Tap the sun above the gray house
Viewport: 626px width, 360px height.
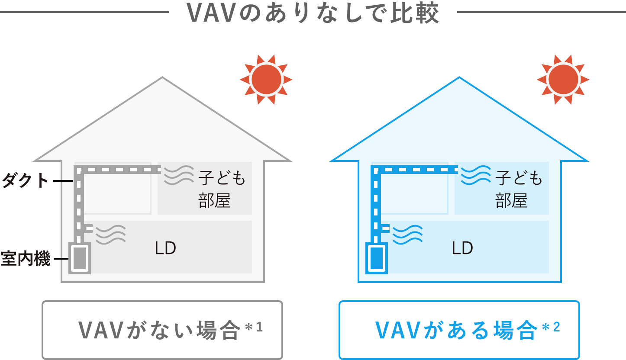(266, 80)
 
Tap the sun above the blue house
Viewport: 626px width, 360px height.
(563, 80)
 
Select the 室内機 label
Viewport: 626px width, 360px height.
(25, 259)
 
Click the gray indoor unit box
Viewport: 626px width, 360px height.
(80, 259)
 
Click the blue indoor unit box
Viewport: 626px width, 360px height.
(376, 259)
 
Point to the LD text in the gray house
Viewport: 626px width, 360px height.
(165, 248)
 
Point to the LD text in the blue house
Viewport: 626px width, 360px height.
(462, 248)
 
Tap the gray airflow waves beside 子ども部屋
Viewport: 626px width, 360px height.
(178, 175)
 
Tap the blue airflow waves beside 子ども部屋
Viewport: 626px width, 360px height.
(475, 175)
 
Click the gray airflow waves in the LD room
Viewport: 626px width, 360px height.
(110, 234)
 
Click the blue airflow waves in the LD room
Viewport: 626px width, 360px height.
(407, 234)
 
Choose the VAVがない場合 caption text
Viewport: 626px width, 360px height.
(159, 331)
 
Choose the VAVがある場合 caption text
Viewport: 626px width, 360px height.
(456, 331)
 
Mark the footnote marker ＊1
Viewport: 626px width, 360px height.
(254, 327)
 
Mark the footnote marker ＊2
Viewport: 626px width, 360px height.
(551, 327)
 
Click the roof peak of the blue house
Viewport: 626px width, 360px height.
(459, 79)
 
